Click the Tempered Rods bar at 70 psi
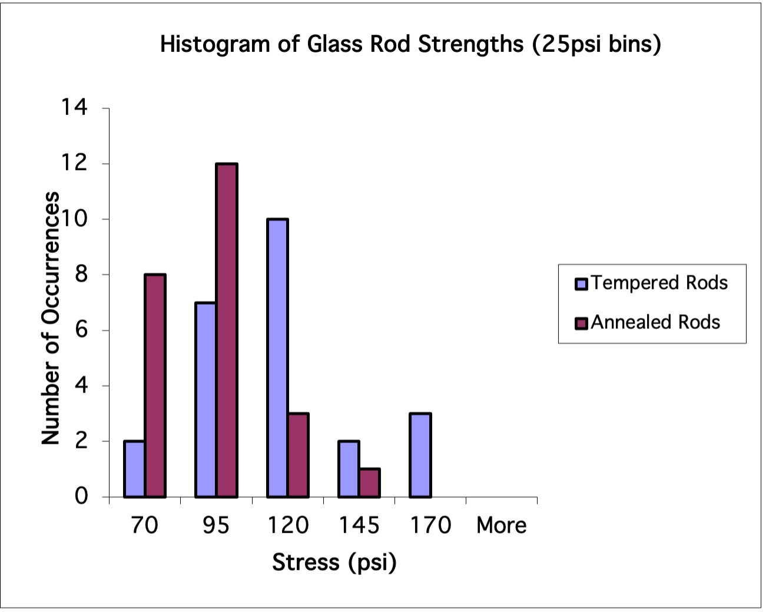click(134, 469)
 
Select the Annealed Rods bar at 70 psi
click(155, 385)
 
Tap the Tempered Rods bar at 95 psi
click(205, 400)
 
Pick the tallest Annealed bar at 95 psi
click(227, 330)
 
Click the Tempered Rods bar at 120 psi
click(277, 358)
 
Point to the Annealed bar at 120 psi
click(299, 455)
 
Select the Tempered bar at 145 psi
click(349, 469)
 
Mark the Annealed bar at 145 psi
click(370, 483)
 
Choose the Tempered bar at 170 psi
click(420, 455)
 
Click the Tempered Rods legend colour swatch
click(582, 284)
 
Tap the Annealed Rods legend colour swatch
click(582, 323)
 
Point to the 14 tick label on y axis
click(74, 107)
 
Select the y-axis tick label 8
click(81, 274)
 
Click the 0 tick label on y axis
click(81, 497)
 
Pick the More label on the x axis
click(502, 525)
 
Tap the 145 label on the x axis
click(359, 525)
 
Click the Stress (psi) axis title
click(334, 562)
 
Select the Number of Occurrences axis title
click(51, 318)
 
